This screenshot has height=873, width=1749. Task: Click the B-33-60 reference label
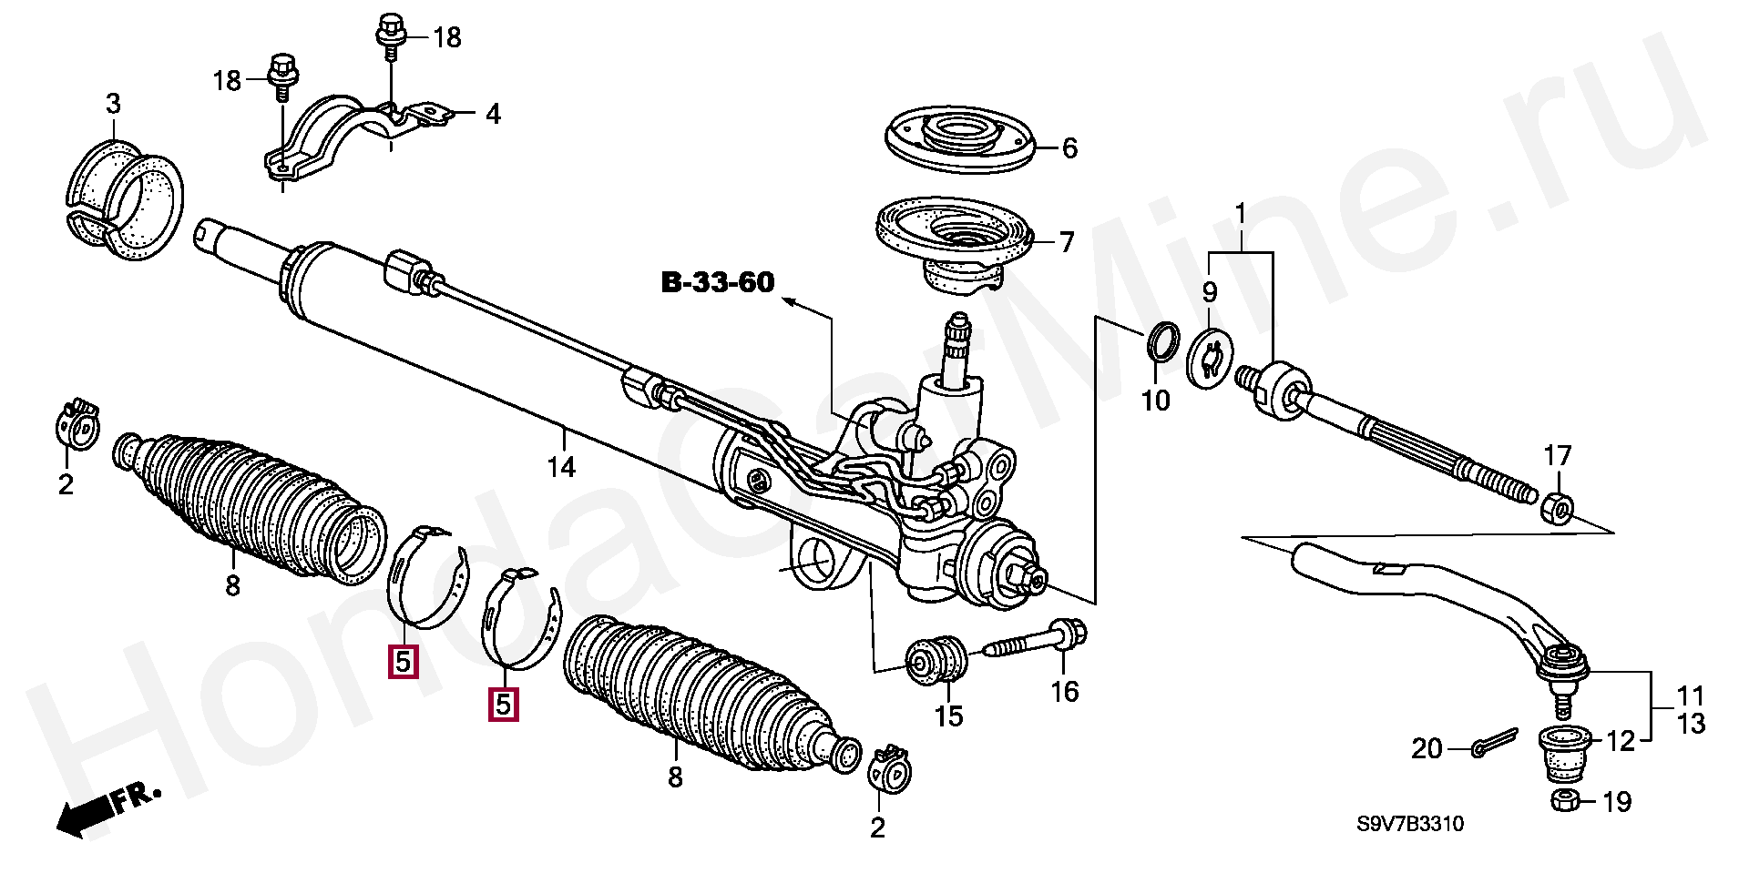[x=717, y=283]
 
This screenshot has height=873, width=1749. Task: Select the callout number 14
[x=561, y=468]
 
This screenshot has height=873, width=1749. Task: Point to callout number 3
[x=112, y=105]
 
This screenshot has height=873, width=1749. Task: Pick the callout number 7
[x=1066, y=242]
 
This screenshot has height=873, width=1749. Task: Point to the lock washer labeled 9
[x=1210, y=360]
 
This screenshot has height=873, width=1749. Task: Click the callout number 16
[x=1064, y=692]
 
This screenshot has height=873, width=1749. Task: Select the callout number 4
[x=492, y=115]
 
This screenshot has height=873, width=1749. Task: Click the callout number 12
[x=1621, y=742]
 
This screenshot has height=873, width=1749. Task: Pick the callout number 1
[x=1240, y=216]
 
